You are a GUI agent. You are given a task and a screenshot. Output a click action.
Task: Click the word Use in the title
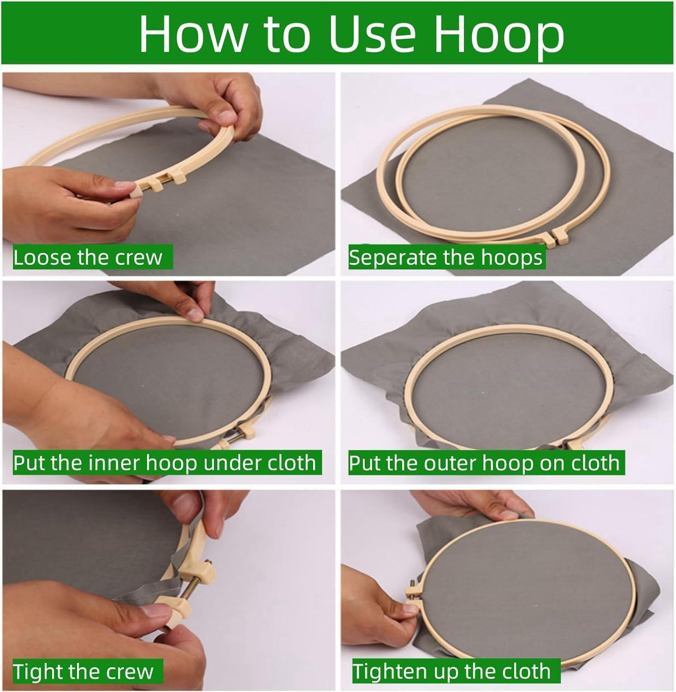click(x=370, y=35)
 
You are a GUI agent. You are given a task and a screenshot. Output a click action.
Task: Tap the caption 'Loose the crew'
click(x=88, y=257)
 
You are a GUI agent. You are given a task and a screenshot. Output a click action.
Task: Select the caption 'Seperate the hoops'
click(x=445, y=257)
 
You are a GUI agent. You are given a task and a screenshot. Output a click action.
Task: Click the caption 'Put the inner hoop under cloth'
click(x=165, y=463)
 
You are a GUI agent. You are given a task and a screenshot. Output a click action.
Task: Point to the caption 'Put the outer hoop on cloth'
click(x=484, y=463)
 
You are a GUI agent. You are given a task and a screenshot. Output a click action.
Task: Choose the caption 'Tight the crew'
click(x=83, y=671)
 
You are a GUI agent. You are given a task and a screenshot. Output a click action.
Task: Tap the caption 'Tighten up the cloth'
click(x=452, y=671)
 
